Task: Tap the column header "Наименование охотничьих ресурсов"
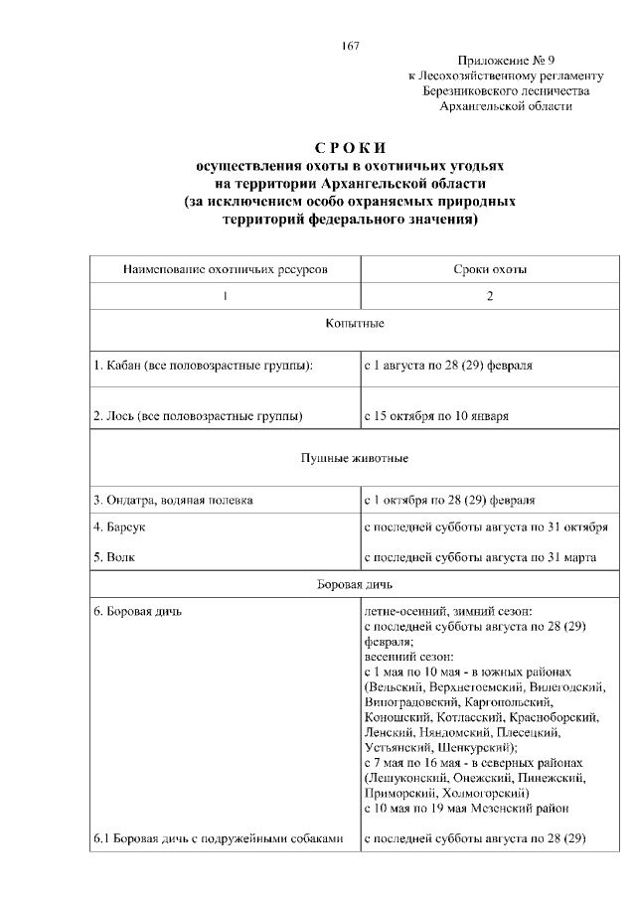click(x=225, y=269)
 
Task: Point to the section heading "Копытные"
click(x=355, y=324)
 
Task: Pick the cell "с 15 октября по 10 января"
click(x=437, y=415)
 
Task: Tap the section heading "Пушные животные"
click(x=355, y=458)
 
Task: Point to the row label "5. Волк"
click(x=115, y=557)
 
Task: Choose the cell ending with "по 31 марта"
click(x=480, y=557)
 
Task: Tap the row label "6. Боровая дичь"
click(x=137, y=611)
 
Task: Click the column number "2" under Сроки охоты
click(x=490, y=297)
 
